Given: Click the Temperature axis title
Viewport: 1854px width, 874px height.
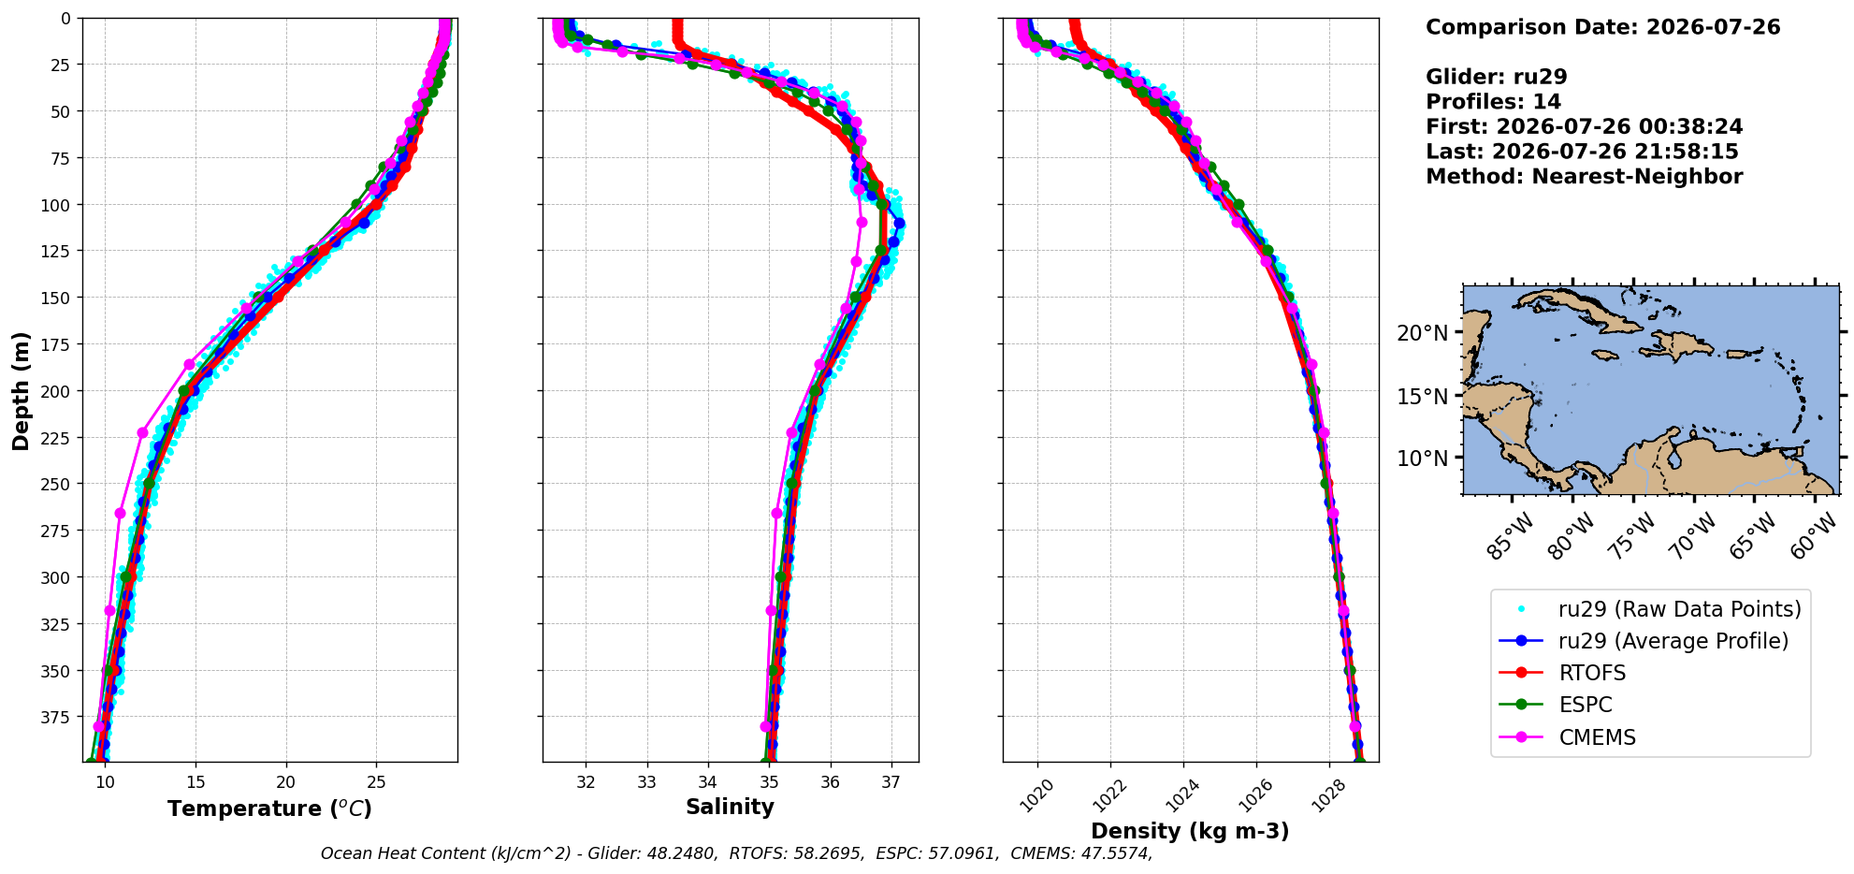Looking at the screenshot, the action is (x=269, y=808).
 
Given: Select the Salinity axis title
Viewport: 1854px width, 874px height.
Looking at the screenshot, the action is (x=730, y=808).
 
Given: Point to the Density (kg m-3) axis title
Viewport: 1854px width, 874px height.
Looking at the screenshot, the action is (x=1190, y=831).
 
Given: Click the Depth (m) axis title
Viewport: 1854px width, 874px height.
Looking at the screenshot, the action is (x=21, y=390).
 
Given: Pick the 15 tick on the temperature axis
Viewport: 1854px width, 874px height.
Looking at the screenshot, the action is (x=196, y=782).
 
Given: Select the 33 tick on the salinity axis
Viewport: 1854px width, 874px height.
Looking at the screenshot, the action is (x=646, y=782).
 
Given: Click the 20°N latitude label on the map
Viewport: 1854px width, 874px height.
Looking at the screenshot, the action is (x=1422, y=333).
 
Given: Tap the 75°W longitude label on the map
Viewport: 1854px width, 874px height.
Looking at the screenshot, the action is (x=1631, y=536).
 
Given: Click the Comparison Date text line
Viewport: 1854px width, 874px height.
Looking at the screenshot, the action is (x=1603, y=27).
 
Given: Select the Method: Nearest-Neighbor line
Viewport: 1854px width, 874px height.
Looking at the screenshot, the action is (x=1585, y=177).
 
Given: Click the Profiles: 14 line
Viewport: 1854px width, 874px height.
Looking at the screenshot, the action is (x=1494, y=102).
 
